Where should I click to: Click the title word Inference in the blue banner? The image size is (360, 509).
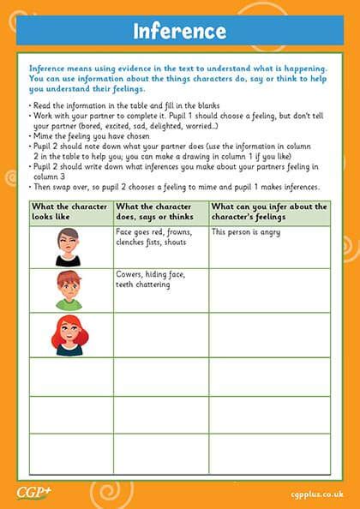click(179, 32)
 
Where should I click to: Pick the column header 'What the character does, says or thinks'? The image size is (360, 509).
click(160, 212)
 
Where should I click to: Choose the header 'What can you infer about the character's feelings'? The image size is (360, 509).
click(269, 212)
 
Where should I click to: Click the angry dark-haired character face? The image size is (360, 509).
click(69, 246)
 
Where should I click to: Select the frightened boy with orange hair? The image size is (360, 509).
click(69, 290)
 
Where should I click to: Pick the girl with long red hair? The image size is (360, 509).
click(69, 334)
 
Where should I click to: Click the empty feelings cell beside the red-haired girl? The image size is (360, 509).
click(269, 334)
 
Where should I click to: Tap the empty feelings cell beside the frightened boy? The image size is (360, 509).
click(269, 290)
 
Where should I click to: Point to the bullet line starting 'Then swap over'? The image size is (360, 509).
click(175, 186)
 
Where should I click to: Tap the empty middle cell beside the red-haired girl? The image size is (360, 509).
click(160, 334)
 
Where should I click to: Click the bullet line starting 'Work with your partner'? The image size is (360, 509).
click(171, 113)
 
